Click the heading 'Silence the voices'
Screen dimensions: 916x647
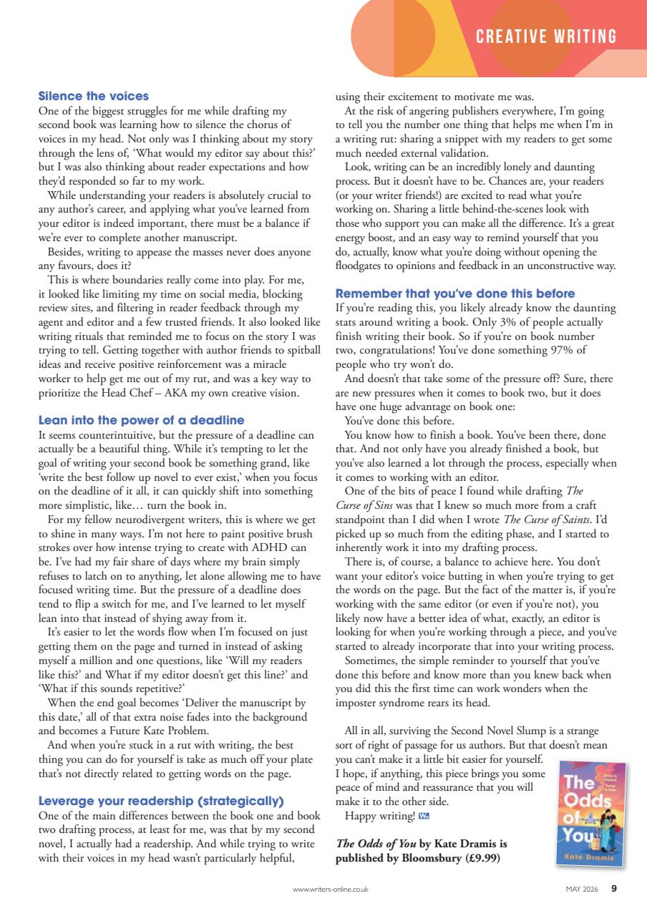94,96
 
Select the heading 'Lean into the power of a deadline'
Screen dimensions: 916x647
142,420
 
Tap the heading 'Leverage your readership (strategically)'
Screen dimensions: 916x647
161,800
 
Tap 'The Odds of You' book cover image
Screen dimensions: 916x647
590,814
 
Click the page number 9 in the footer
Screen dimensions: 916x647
614,890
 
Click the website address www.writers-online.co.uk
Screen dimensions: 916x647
331,890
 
